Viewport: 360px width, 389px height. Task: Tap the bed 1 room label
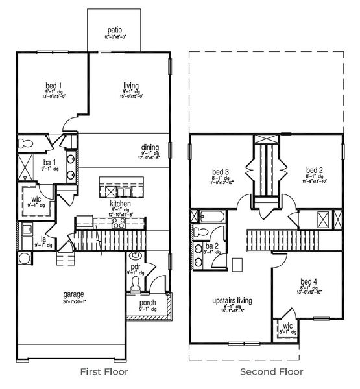point(54,86)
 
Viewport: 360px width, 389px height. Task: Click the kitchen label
point(121,203)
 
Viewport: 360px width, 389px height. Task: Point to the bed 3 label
point(218,172)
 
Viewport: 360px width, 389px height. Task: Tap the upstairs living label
point(232,301)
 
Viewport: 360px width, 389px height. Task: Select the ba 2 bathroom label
point(211,246)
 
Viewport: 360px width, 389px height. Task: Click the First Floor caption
point(104,372)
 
